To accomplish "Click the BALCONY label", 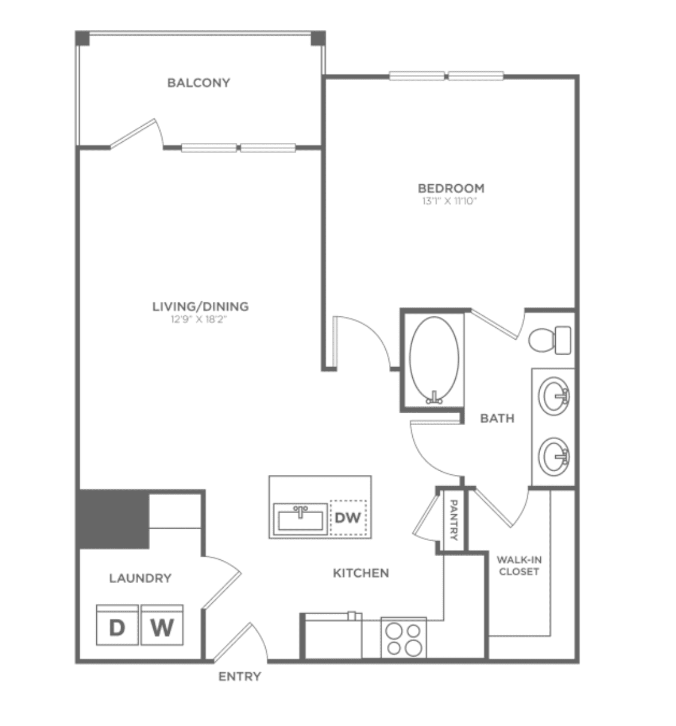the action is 199,83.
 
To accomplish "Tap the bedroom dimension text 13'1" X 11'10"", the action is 450,201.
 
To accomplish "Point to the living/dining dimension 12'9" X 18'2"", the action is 199,319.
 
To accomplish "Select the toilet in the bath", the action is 549,340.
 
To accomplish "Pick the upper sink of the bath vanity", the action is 553,396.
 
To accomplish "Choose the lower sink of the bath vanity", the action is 553,456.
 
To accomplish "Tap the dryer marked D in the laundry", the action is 117,625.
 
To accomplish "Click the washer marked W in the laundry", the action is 162,625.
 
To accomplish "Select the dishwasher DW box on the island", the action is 349,518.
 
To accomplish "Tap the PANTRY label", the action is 453,520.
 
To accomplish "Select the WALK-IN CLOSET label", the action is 519,566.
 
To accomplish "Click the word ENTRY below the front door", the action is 240,676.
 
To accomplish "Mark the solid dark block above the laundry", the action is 114,520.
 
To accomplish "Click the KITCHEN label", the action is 361,573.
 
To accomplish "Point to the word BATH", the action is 497,418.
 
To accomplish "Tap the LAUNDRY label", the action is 141,578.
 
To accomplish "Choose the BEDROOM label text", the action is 451,188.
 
